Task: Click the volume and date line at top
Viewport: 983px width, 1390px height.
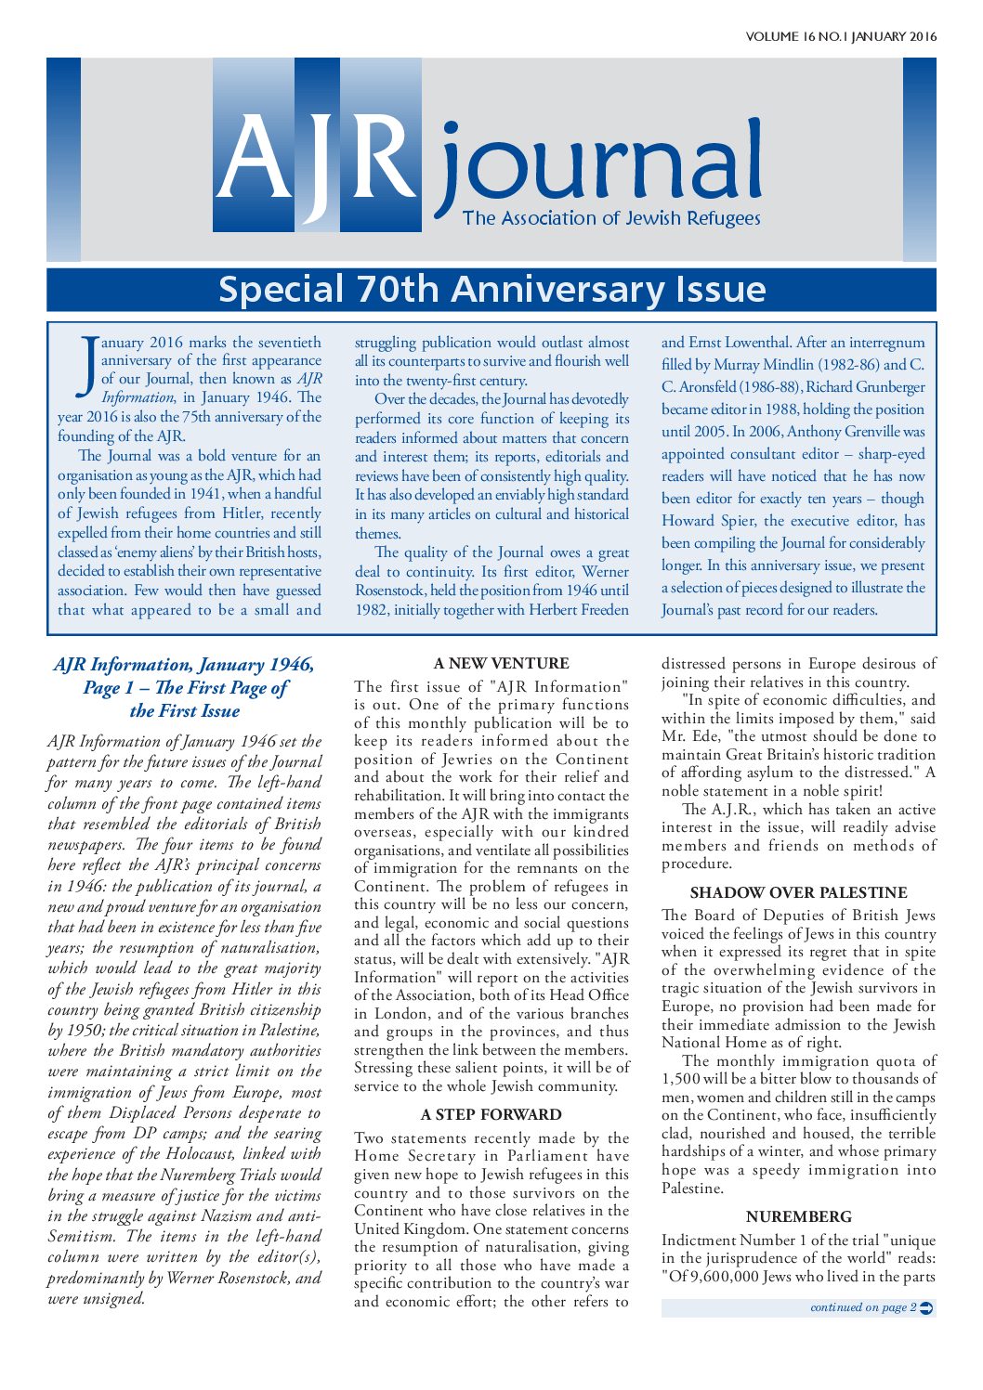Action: tap(840, 37)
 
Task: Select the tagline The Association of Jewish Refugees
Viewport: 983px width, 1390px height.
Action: tap(611, 219)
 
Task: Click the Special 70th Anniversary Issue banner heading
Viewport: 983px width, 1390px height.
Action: tap(491, 290)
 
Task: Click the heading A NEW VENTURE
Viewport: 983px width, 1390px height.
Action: tap(501, 664)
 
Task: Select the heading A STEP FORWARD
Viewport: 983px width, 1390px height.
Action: tap(491, 1114)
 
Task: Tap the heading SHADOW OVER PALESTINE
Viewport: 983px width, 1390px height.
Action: tap(798, 892)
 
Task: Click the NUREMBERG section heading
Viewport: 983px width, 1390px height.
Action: tap(798, 1216)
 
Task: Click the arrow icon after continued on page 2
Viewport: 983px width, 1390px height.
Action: tap(925, 1307)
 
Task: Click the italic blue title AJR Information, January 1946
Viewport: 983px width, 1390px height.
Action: tap(184, 665)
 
